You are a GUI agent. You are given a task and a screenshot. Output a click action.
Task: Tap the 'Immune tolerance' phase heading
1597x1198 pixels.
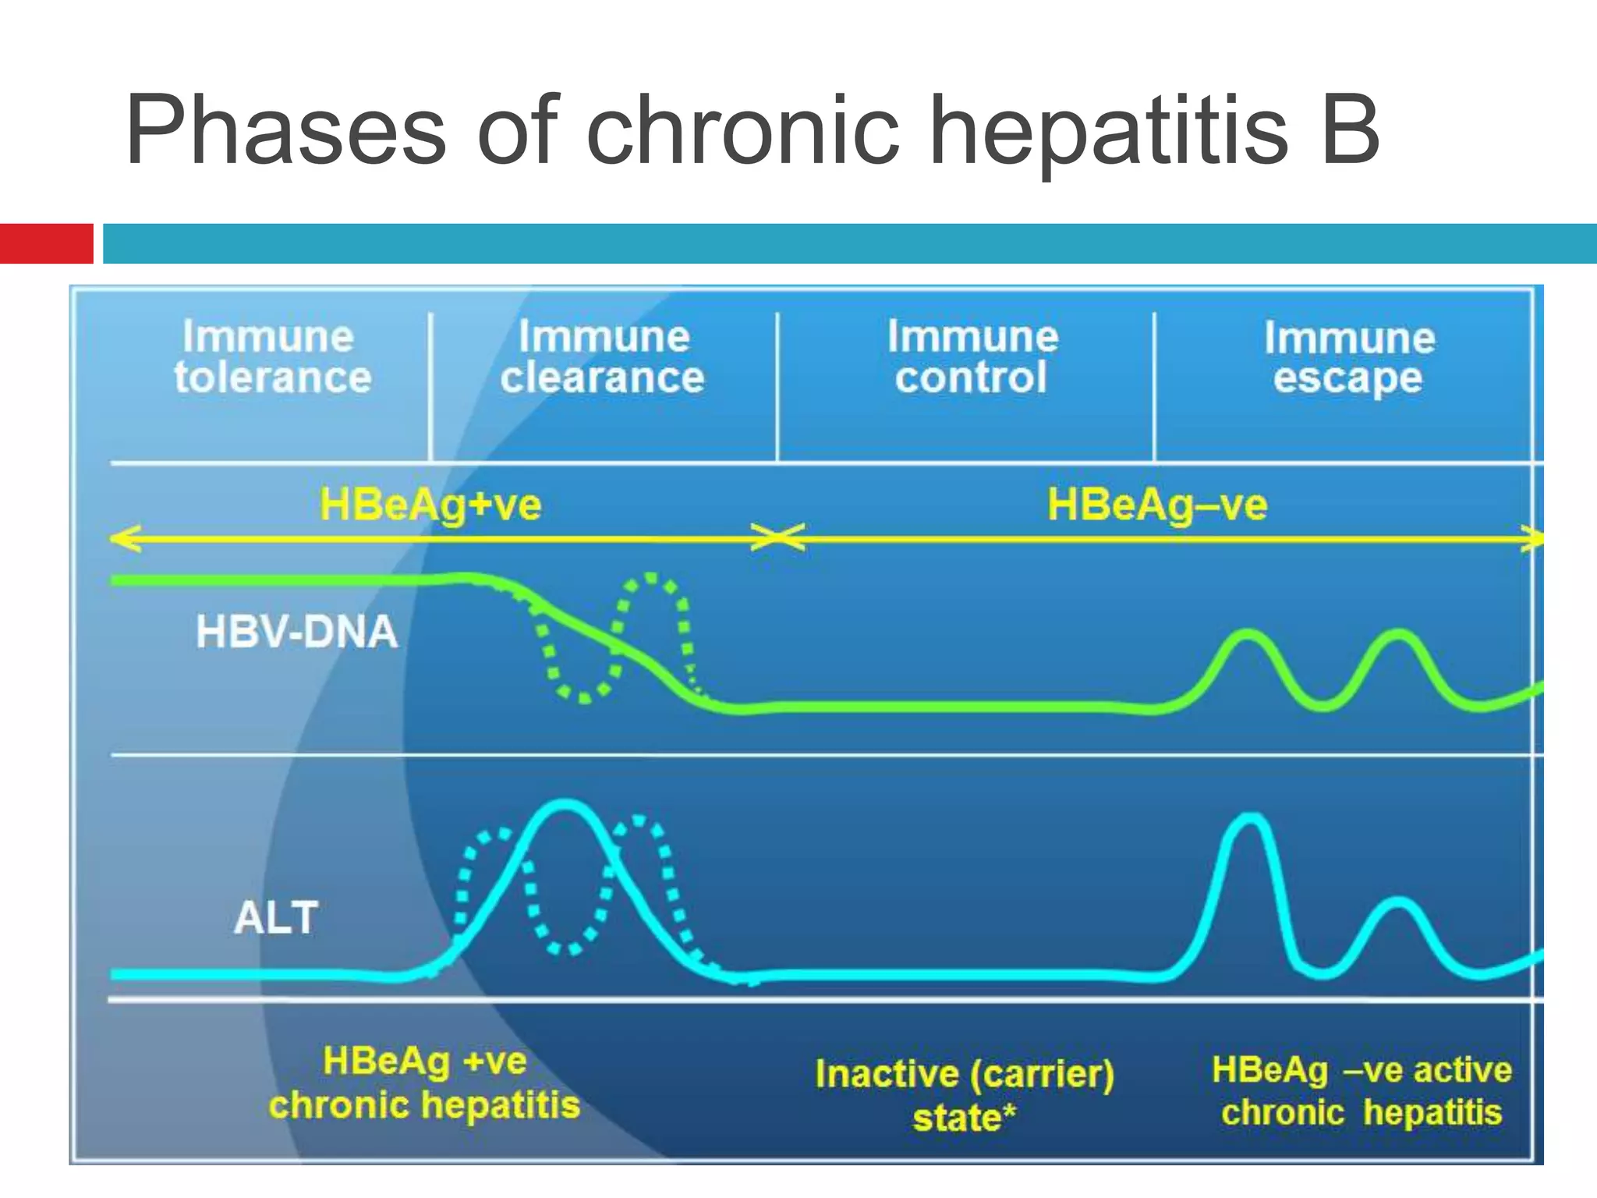click(271, 357)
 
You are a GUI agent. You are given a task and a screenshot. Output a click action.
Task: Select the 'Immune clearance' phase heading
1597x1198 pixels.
click(603, 357)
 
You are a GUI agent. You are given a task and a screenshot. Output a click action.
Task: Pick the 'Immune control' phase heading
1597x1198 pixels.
click(972, 357)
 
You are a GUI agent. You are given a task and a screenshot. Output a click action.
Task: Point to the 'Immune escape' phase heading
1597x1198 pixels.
click(1348, 359)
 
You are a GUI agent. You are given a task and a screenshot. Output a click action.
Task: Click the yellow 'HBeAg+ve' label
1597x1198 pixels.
click(430, 505)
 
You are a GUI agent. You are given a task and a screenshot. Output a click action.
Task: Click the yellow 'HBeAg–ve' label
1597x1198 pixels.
click(1157, 505)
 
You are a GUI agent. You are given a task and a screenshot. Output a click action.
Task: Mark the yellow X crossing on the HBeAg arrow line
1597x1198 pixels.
click(777, 537)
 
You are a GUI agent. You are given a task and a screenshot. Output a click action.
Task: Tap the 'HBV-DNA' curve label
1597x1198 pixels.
click(296, 632)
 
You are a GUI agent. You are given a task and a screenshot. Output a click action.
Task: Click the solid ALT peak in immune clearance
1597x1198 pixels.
click(565, 806)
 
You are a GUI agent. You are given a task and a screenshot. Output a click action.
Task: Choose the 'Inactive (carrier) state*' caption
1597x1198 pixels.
click(965, 1095)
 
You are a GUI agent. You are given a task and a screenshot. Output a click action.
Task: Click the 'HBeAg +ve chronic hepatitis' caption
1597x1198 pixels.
click(424, 1083)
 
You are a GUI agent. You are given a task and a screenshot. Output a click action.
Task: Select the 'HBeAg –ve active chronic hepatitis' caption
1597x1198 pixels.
click(1362, 1090)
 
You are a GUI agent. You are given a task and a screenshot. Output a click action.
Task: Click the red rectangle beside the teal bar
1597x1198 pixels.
click(46, 243)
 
